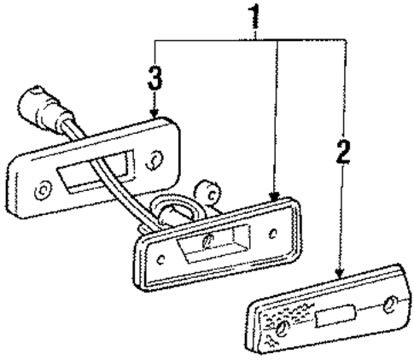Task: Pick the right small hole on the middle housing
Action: pyautogui.click(x=271, y=232)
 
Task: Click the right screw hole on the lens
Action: pyautogui.click(x=388, y=305)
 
